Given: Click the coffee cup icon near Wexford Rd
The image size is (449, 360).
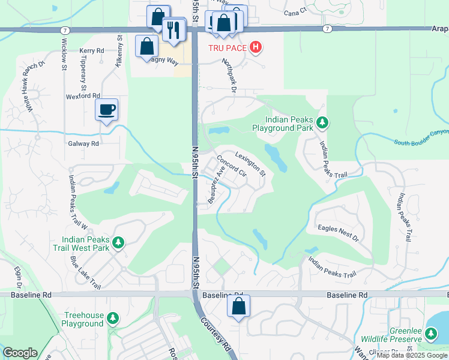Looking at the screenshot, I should [107, 110].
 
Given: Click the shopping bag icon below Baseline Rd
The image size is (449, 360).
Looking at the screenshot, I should [238, 307].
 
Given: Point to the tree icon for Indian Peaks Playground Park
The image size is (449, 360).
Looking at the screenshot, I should [323, 123].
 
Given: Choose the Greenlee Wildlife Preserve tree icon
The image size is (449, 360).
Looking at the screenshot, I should [431, 333].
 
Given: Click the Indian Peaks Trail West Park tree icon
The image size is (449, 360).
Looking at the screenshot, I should [119, 242].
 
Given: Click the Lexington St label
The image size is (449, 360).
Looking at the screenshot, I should [250, 163].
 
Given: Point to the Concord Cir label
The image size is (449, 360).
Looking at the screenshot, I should [232, 166].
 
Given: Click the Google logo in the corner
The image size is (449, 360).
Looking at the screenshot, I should [20, 353].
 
